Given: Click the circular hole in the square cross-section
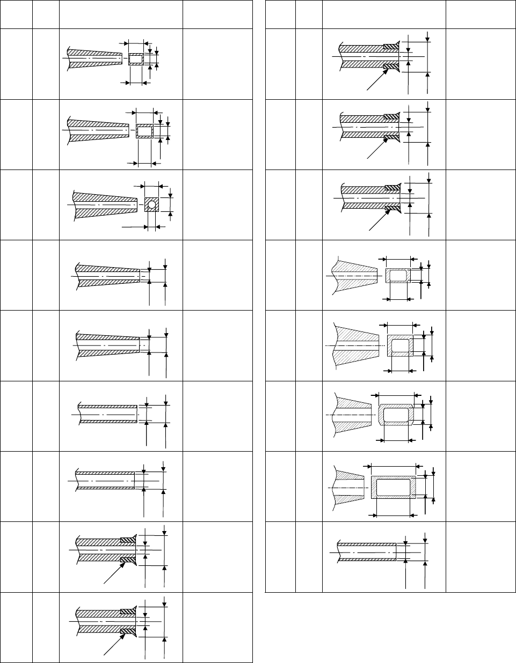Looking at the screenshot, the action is (x=152, y=205).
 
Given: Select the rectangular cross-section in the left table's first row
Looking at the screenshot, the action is (x=136, y=59).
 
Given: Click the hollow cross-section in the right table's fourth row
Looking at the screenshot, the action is (x=398, y=276).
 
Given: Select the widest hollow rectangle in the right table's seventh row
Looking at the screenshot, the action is (x=394, y=488).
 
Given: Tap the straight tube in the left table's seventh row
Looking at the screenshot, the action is (x=105, y=481).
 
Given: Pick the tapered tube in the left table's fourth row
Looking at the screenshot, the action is (x=107, y=275).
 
